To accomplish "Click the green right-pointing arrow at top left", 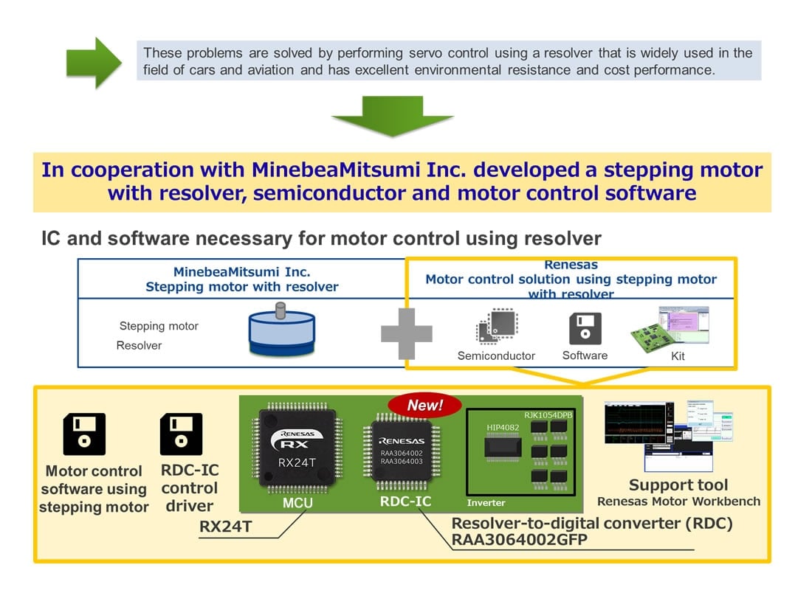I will [x=93, y=63].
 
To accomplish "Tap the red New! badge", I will [x=424, y=405].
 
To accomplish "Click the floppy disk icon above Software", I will [x=585, y=329].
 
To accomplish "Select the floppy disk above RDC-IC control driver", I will [x=181, y=434].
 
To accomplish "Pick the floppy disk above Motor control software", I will [x=84, y=434].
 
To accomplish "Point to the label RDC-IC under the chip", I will [x=406, y=502].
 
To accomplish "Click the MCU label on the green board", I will [x=297, y=503].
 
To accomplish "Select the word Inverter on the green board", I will [x=486, y=503].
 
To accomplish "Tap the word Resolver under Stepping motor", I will [x=139, y=345].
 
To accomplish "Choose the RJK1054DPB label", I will [x=548, y=415].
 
